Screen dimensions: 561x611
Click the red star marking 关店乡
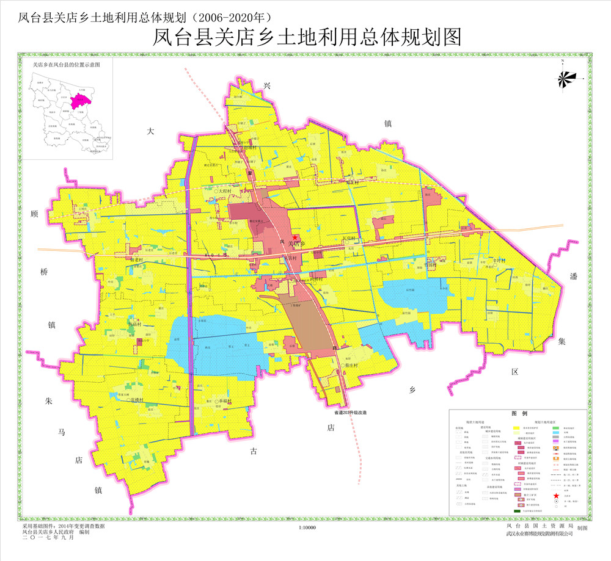click(x=295, y=237)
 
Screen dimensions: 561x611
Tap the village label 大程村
click(x=227, y=191)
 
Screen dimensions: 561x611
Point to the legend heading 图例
click(x=519, y=414)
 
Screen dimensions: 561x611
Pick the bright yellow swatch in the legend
click(x=516, y=429)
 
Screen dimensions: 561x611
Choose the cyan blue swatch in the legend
click(x=555, y=432)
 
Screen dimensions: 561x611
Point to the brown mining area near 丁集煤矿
click(x=305, y=324)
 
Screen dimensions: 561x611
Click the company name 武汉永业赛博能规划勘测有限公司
click(x=540, y=534)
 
